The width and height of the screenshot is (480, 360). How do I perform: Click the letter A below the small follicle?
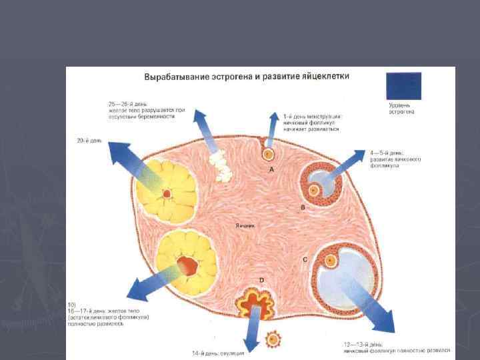point(271,171)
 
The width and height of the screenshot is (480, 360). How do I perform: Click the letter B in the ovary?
point(303,208)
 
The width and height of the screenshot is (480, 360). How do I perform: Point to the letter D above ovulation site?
point(261,279)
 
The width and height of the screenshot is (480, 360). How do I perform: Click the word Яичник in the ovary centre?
point(246,225)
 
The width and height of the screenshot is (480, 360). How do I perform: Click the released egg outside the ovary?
point(273,339)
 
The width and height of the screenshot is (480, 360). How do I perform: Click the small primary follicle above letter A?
point(268,153)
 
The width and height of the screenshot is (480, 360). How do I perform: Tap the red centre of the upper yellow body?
point(167,194)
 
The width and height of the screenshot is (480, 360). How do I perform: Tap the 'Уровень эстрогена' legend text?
point(401,109)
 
